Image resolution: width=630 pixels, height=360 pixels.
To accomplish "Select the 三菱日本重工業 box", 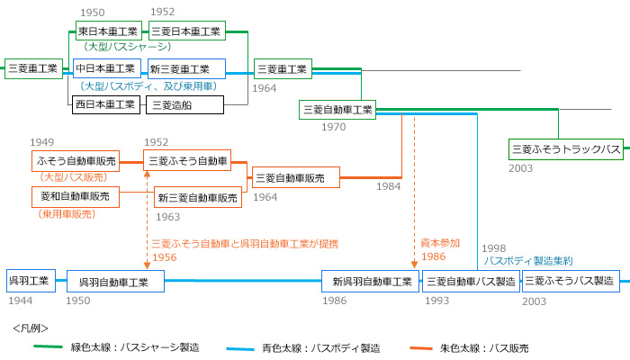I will point(186,31).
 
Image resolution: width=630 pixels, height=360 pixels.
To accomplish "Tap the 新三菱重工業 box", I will point(186,68).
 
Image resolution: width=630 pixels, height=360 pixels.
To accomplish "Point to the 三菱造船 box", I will point(184,104).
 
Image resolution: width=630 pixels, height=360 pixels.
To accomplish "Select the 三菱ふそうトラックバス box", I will point(565,148).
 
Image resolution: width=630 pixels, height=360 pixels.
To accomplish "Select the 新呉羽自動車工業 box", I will point(371,281).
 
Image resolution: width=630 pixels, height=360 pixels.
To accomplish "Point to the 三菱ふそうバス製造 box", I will point(571,281).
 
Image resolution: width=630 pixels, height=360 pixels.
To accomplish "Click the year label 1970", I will point(333,127).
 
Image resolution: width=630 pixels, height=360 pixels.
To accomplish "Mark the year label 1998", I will point(495,247).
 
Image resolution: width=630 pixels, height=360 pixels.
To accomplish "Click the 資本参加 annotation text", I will point(440,243).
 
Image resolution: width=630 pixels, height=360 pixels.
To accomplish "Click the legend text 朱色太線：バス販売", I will point(484,347).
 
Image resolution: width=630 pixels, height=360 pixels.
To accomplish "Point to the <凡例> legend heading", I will point(31,328).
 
